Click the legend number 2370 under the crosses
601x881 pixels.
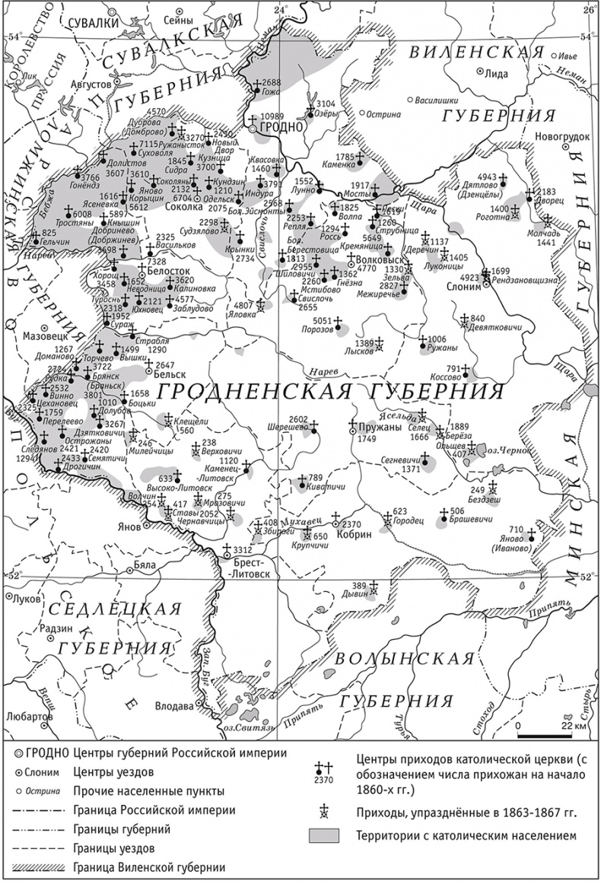323,778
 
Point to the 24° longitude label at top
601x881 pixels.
282,10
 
